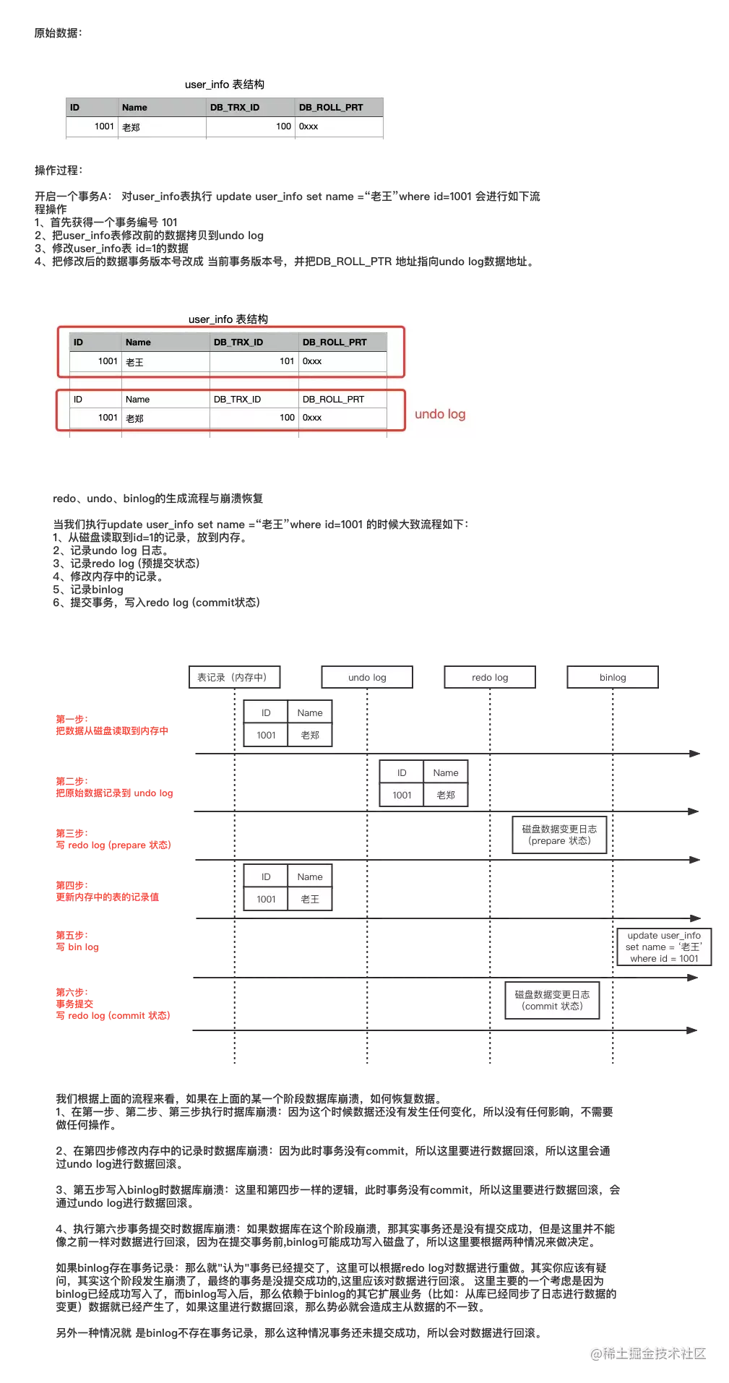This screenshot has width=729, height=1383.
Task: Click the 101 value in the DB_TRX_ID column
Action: pos(286,361)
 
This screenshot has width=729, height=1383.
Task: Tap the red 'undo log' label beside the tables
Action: pos(440,414)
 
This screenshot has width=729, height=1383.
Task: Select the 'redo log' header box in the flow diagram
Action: pos(490,677)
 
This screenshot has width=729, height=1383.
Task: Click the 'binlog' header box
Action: pos(613,677)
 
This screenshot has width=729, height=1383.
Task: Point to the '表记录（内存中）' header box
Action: pos(233,677)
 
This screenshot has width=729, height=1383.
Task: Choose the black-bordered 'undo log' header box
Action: pos(367,677)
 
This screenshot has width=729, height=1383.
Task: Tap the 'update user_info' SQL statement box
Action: pos(664,947)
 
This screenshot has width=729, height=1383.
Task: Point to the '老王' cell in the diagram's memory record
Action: pos(310,899)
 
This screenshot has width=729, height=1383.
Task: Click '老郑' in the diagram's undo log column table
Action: pos(446,795)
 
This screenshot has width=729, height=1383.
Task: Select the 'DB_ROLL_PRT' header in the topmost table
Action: pos(331,108)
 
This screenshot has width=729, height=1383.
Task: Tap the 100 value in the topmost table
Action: pos(283,126)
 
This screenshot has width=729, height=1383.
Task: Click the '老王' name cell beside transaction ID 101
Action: pos(135,362)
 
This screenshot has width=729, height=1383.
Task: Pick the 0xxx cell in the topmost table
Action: pos(309,126)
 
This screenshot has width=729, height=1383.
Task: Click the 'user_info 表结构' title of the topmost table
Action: pos(225,85)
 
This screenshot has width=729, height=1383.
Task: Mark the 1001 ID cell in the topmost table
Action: pos(104,126)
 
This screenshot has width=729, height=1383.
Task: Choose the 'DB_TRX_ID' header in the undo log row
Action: pos(237,400)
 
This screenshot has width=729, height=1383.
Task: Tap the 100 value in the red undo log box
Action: pos(287,418)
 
